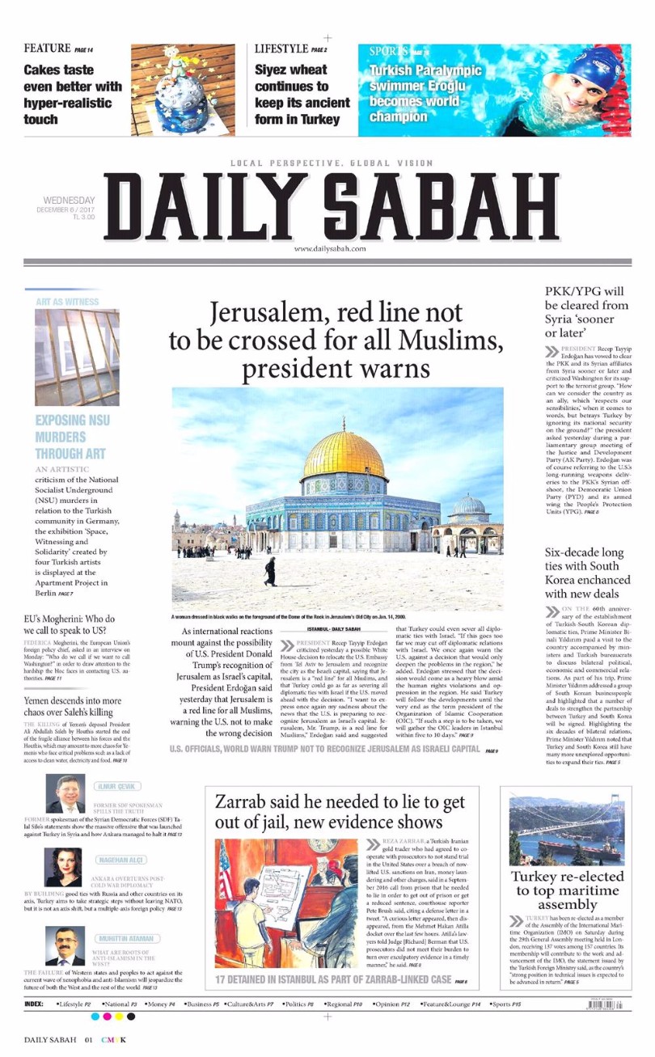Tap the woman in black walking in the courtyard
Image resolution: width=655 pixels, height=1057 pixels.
click(x=269, y=571)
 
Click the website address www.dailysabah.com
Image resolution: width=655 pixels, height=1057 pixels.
click(x=330, y=249)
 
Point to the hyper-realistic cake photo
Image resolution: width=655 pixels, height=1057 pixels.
click(x=183, y=89)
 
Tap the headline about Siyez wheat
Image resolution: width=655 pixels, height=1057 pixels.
click(x=302, y=95)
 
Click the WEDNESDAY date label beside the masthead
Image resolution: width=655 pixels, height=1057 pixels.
click(x=69, y=201)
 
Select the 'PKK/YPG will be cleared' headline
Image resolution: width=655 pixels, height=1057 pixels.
click(x=586, y=311)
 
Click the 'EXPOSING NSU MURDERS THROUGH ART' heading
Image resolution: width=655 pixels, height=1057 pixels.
click(x=72, y=437)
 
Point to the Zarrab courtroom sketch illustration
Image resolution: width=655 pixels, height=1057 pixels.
click(x=286, y=903)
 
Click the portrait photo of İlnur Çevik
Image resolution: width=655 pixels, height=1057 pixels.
click(x=65, y=794)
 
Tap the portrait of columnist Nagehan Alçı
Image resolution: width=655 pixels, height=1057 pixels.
click(x=63, y=867)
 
